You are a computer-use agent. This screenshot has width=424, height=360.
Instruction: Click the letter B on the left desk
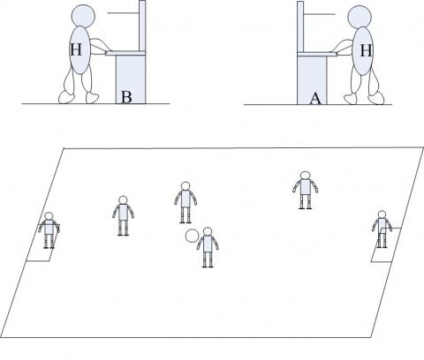click(x=126, y=97)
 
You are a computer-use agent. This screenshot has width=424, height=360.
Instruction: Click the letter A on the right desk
click(x=315, y=99)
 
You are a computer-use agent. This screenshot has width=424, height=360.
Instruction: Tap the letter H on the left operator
click(x=76, y=49)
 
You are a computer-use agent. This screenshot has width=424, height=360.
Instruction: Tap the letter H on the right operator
click(x=366, y=50)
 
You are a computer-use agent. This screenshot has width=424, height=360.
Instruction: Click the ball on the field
click(x=192, y=236)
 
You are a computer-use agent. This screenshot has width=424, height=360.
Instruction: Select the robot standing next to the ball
click(x=208, y=247)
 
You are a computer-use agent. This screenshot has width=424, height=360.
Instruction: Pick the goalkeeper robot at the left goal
click(x=49, y=230)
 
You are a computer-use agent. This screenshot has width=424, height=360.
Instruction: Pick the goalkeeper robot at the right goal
click(x=382, y=229)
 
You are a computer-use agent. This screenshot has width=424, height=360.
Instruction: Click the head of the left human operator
click(x=83, y=16)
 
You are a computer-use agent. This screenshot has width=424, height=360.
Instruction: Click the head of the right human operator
click(x=360, y=18)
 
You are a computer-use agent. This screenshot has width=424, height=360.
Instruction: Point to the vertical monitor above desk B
click(x=142, y=26)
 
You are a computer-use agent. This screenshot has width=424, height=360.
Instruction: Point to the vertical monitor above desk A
click(x=300, y=27)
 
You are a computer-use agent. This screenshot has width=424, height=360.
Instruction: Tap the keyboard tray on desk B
click(x=125, y=53)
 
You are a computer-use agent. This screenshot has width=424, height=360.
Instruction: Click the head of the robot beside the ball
click(x=208, y=231)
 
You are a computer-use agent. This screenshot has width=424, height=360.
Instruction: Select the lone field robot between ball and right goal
click(x=306, y=191)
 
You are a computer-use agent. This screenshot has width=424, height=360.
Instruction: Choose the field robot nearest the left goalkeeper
click(x=123, y=215)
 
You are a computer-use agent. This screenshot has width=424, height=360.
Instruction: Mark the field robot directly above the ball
click(x=185, y=202)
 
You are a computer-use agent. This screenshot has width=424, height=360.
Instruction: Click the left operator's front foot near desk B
click(x=92, y=98)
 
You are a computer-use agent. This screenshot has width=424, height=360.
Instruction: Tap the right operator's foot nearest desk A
click(x=351, y=99)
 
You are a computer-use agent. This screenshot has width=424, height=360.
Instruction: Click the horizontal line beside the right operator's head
click(x=320, y=14)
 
